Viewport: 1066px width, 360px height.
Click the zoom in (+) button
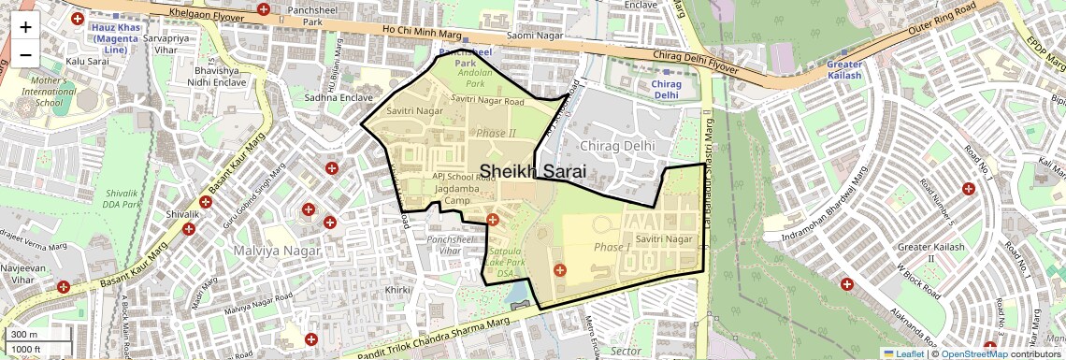tap(25, 26)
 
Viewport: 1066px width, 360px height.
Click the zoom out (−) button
tap(25, 54)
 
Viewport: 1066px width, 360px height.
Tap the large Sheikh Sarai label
tap(533, 171)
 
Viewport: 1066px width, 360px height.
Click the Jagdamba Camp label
tap(444, 194)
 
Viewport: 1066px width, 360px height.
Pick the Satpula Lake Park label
tap(510, 256)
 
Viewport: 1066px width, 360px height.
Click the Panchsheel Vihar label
tap(444, 245)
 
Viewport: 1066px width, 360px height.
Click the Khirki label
tap(397, 291)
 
